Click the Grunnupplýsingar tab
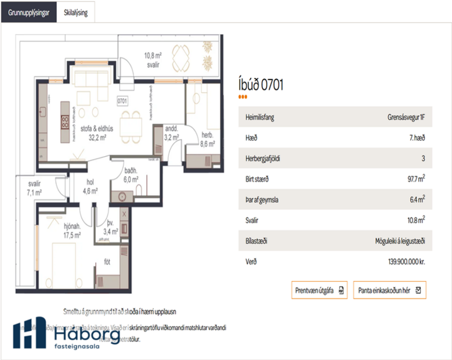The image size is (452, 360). pos(28,12)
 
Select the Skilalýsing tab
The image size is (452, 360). pos(76,12)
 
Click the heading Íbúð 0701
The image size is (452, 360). pos(261,85)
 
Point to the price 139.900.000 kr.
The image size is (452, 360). pos(406,262)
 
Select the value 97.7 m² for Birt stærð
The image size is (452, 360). pos(414,179)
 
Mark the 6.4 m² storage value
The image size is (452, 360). pos(417,199)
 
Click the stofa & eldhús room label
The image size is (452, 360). pos(97,134)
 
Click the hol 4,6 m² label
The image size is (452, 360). pos(89,186)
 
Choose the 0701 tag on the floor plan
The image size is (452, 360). pos(122,100)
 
